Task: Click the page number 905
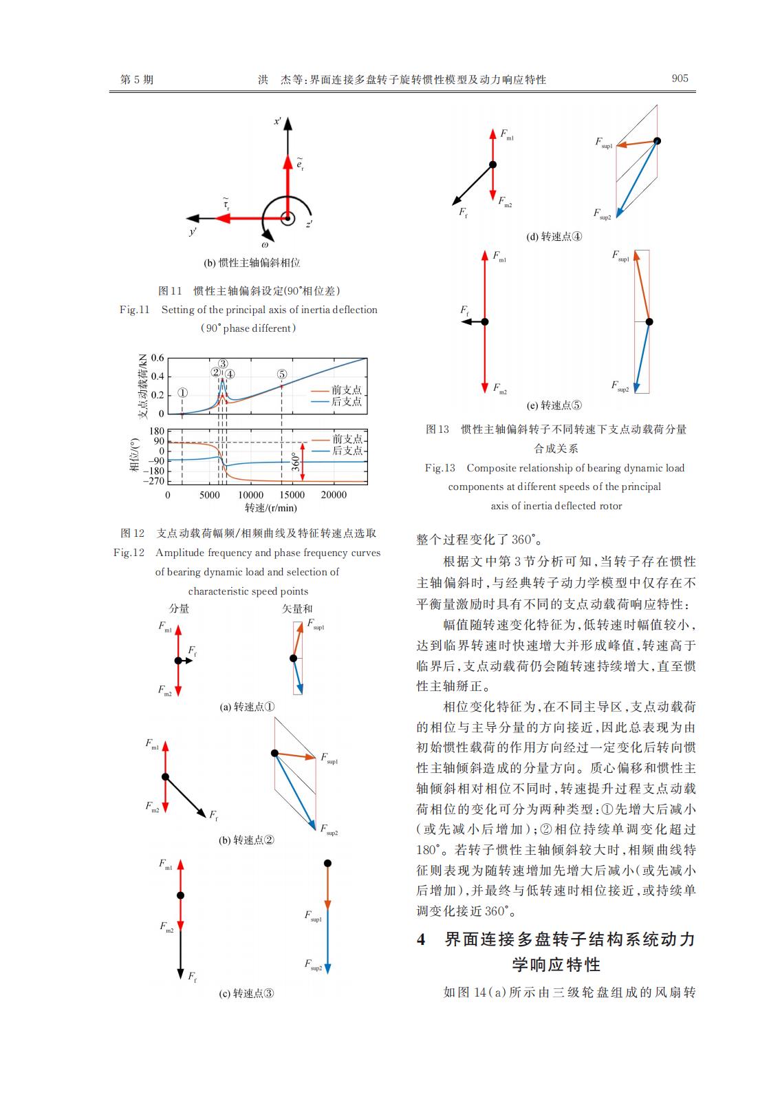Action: coord(680,78)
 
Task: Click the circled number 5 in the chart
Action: coord(282,374)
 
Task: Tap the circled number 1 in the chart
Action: coord(182,393)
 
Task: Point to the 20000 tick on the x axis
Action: coord(334,495)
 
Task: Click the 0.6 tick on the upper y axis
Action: coord(158,358)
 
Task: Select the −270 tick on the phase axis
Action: coord(153,481)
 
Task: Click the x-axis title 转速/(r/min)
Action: coord(271,508)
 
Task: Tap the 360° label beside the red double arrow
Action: coord(294,461)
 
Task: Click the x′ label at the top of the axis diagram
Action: coord(277,121)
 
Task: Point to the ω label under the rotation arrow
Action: coord(265,245)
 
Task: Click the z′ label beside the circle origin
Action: coord(310,224)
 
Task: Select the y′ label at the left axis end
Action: coord(193,231)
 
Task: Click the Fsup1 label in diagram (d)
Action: coord(604,142)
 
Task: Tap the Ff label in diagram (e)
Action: coord(464,310)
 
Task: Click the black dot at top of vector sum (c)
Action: coord(327,863)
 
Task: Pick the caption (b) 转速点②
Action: coord(246,840)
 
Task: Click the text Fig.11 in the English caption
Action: coord(135,310)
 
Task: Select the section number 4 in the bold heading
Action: coord(421,939)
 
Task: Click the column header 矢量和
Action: coord(297,608)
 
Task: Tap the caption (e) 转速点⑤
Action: coord(554,405)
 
